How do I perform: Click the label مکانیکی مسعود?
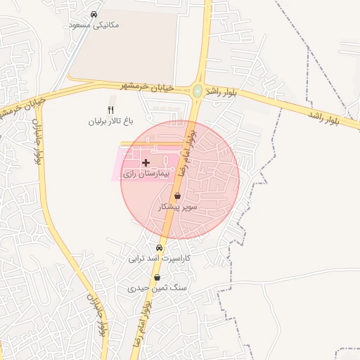pos(95,25)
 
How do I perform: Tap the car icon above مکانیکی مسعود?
pos(94,14)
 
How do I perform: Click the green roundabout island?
pos(198,91)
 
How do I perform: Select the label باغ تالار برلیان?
pos(110,121)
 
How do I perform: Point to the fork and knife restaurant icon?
pos(110,110)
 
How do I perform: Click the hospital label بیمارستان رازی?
pos(146,173)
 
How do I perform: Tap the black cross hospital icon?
pos(146,162)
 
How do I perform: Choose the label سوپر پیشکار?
pos(179,207)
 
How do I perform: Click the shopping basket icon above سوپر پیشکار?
pos(178,196)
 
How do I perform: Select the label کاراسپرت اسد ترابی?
pos(159,259)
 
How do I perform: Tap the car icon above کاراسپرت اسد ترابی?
pos(159,247)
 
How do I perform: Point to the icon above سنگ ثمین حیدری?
pos(156,278)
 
